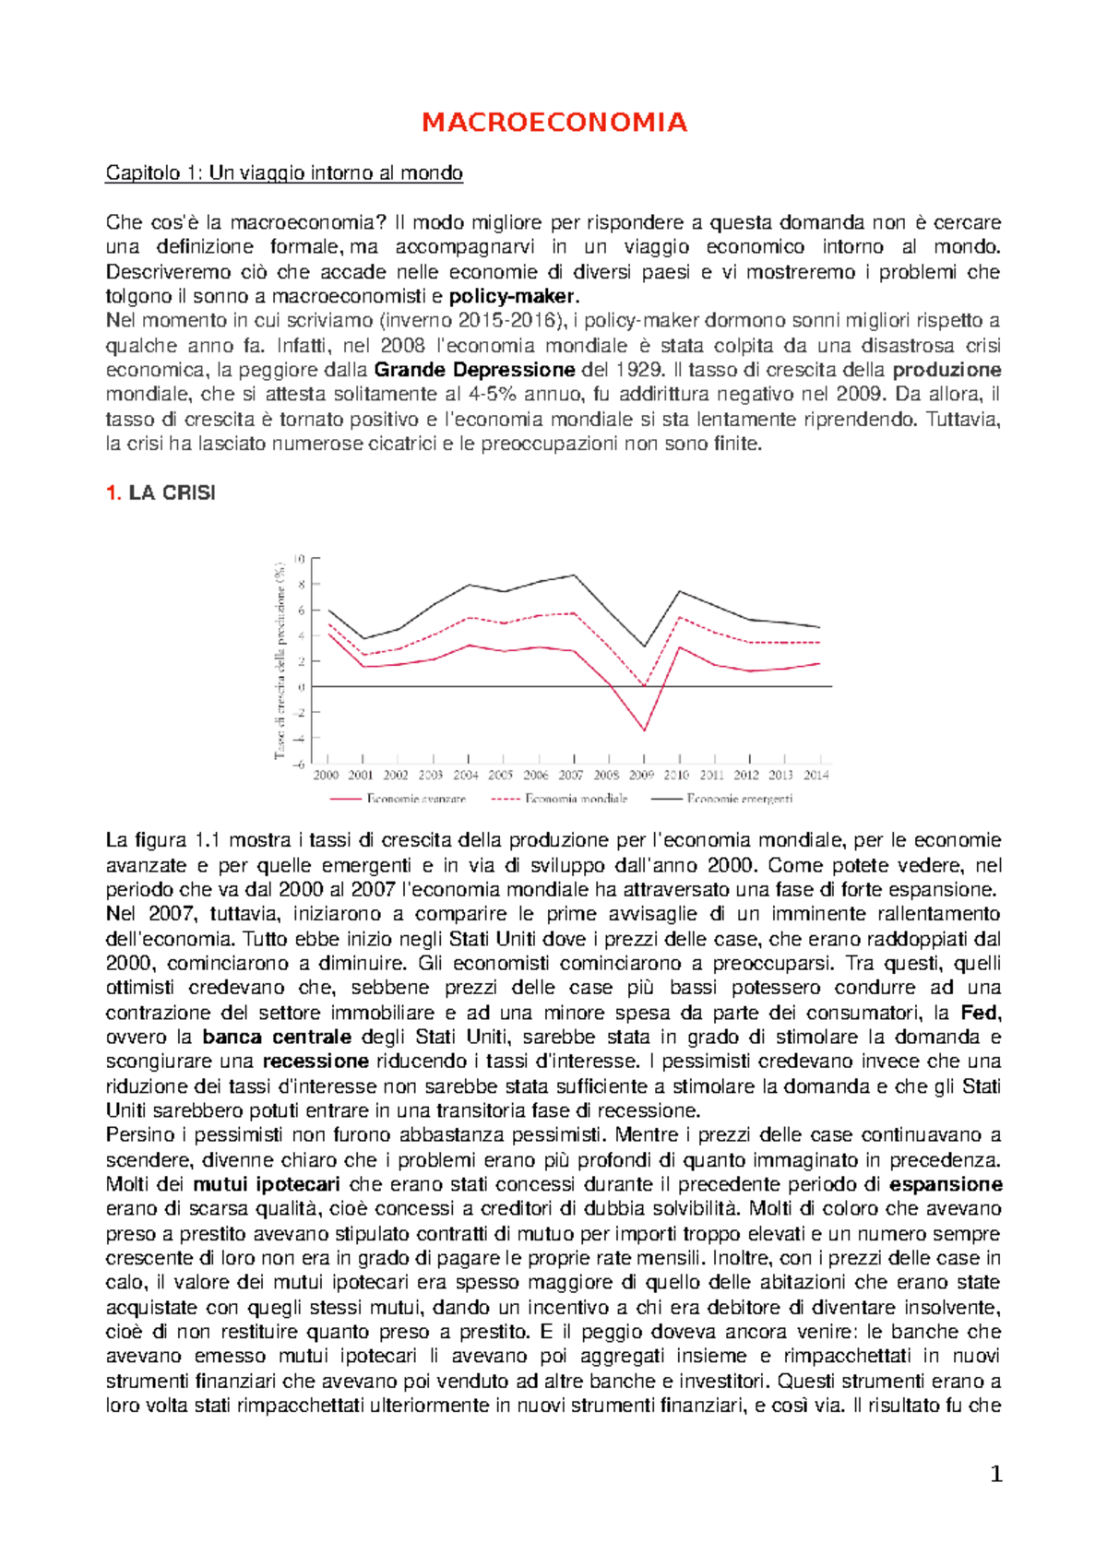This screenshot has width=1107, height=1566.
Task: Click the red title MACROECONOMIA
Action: coord(554,123)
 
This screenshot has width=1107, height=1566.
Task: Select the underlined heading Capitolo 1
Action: coord(284,173)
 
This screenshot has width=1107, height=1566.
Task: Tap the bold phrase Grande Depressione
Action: coord(475,370)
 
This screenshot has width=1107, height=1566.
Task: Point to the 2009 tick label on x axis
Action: coord(642,776)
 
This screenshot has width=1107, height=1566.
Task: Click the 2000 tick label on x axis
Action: coord(327,776)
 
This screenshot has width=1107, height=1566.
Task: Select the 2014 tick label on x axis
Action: coord(816,776)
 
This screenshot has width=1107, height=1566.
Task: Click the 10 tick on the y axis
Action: coord(299,559)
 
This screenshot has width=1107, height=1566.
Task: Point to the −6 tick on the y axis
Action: coord(298,764)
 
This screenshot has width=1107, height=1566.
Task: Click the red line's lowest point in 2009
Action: coord(645,730)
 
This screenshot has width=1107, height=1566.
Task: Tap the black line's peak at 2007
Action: coord(575,575)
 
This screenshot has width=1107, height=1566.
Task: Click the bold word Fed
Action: coord(981,1013)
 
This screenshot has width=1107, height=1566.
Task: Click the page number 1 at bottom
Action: coord(995,1475)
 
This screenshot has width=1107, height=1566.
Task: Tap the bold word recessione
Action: coord(315,1062)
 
